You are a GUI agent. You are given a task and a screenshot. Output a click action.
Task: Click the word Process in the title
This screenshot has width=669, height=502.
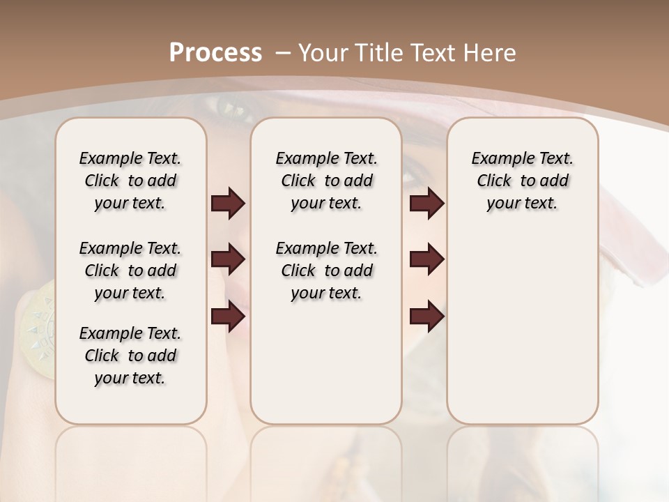[x=215, y=53]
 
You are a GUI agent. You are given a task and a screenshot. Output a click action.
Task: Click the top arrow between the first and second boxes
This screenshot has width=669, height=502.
[x=228, y=203]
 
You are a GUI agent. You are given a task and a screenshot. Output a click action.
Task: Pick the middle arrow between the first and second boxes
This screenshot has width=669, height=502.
[x=228, y=260]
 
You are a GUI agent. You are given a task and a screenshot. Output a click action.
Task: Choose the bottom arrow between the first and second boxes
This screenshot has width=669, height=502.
[x=228, y=317]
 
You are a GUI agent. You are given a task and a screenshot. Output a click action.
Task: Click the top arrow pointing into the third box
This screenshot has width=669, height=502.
[x=426, y=203]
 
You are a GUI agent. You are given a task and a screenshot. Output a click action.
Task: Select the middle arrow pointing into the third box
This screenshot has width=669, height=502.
[x=426, y=259]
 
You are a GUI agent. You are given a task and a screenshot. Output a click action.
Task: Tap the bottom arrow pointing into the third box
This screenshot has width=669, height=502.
[x=426, y=317]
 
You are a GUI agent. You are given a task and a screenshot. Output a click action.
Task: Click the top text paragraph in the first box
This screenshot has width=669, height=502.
[x=130, y=181]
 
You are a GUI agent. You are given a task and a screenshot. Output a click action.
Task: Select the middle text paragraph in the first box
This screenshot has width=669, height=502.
[x=130, y=271]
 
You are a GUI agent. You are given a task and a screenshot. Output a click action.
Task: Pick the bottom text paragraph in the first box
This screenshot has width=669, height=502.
[x=130, y=356]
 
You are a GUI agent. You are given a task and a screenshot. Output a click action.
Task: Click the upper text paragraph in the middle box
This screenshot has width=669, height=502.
[x=326, y=181]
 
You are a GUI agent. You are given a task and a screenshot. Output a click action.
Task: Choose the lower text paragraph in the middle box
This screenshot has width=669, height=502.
[x=326, y=271]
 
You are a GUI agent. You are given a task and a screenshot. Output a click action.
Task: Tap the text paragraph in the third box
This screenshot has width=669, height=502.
[x=523, y=181]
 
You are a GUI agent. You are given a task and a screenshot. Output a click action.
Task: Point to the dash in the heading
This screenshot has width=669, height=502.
[x=284, y=53]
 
